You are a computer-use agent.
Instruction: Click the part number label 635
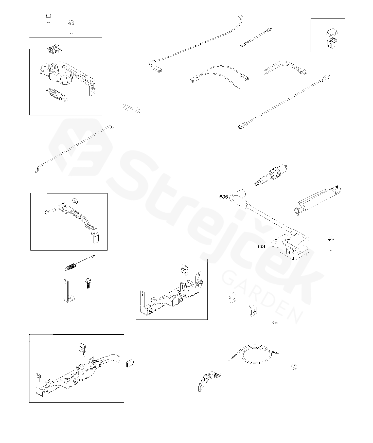(224, 197)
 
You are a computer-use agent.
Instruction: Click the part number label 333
(261, 246)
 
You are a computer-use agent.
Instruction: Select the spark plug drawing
(271, 175)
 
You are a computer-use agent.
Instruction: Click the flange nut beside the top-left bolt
(71, 23)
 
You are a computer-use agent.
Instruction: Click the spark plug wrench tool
(318, 201)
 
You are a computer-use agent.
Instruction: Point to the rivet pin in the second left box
(50, 210)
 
